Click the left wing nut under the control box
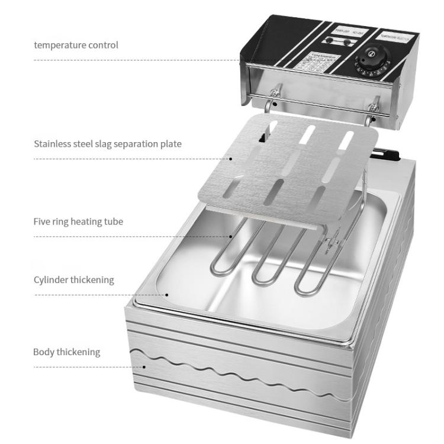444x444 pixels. point(273,94)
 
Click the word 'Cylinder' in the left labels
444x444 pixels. point(51,279)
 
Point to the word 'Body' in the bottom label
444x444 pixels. point(43,352)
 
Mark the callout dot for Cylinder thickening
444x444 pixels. point(167,294)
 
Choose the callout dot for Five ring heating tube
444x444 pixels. point(231,236)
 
